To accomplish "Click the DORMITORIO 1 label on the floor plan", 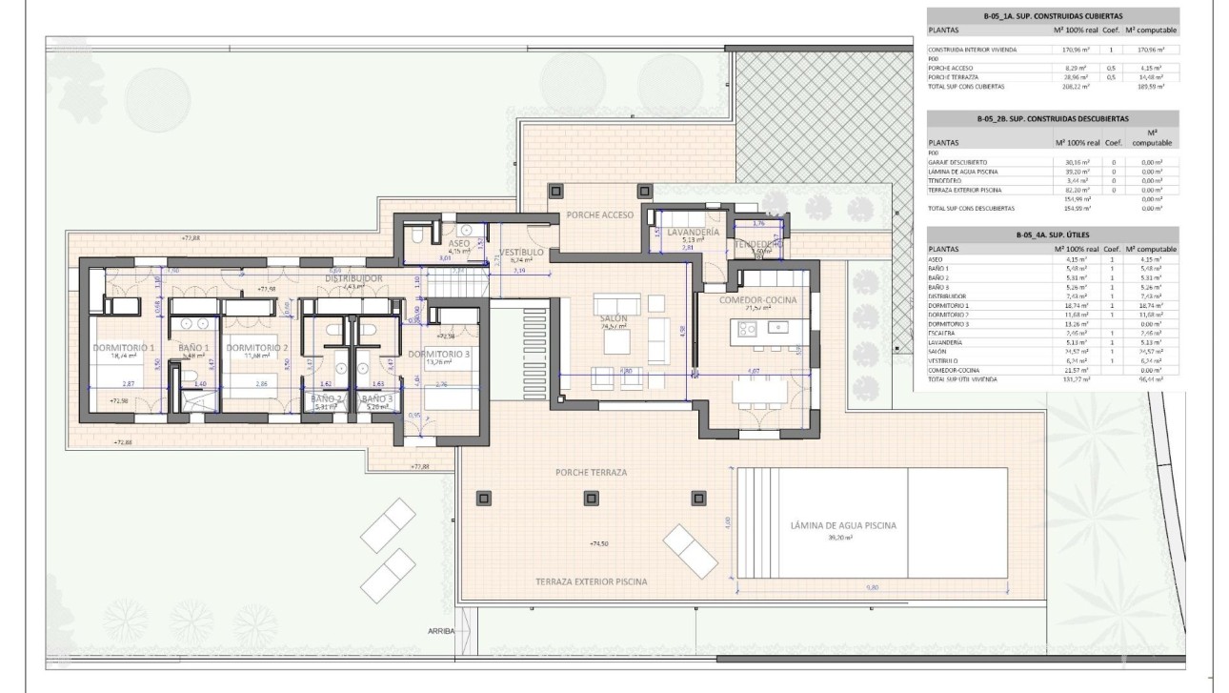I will [124, 348].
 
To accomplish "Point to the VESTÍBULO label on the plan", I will [520, 252].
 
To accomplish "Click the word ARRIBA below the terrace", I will [442, 631].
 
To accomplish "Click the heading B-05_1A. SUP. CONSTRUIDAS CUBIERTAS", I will [1052, 16].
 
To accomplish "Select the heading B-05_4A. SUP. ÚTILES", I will [1052, 233].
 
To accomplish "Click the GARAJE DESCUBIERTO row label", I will [957, 162].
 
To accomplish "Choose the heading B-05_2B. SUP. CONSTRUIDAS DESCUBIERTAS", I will [1052, 119].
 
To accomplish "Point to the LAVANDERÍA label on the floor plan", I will [693, 232].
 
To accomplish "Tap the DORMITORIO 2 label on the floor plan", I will [256, 348].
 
